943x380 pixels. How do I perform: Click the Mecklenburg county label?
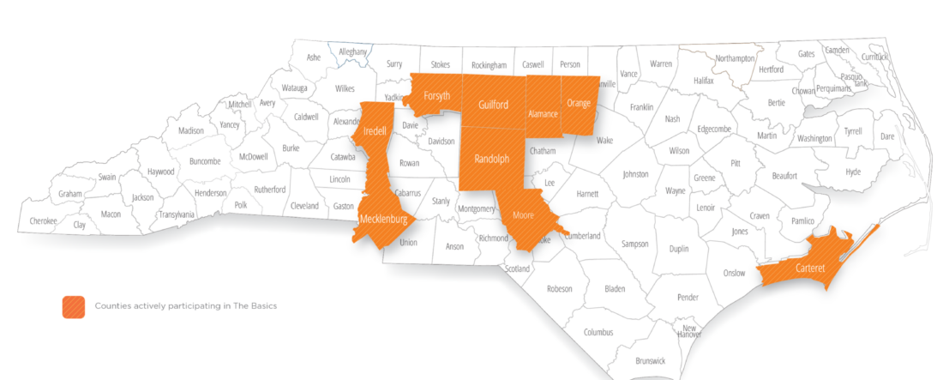click(383, 219)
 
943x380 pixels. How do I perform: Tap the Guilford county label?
click(492, 105)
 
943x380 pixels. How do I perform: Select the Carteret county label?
click(810, 268)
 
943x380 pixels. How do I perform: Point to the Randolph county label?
click(491, 159)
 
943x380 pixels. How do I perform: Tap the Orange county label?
click(579, 104)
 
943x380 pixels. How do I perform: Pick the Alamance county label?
click(543, 113)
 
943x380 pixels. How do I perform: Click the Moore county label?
click(523, 215)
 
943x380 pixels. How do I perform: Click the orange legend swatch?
click(73, 306)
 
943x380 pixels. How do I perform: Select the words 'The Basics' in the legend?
click(254, 305)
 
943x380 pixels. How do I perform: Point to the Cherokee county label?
click(43, 221)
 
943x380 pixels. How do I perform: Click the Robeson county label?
click(559, 288)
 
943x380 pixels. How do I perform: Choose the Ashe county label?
click(313, 57)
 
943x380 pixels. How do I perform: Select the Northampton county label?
click(735, 58)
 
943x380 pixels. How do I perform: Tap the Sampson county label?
click(634, 244)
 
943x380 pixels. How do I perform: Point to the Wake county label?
click(605, 140)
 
